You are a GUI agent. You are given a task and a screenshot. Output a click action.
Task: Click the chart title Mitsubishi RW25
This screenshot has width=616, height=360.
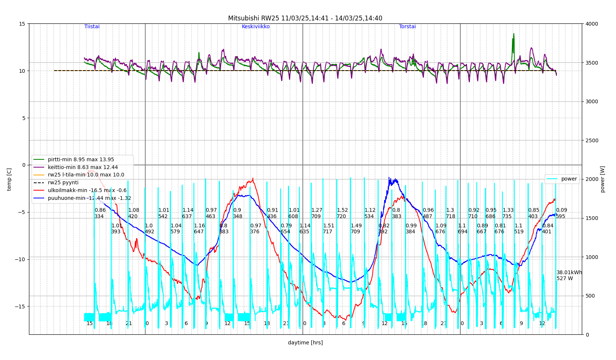305,18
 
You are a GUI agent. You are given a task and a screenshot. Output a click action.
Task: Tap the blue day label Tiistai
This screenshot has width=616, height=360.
92,27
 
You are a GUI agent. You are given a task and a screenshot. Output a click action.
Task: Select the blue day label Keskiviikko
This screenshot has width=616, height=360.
256,27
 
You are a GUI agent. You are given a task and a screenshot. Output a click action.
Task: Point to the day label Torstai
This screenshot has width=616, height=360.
407,27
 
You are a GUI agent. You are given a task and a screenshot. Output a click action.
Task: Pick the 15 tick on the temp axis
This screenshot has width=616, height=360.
22,24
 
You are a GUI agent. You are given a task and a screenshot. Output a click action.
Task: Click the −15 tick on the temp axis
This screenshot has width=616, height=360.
20,307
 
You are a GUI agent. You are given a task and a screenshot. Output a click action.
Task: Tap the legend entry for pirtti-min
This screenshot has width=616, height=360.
81,160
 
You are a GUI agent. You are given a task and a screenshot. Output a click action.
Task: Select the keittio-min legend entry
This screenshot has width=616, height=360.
83,168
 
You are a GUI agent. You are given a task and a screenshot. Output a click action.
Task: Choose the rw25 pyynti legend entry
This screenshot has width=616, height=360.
63,183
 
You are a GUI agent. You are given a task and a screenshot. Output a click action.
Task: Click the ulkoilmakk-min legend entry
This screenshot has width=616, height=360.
87,191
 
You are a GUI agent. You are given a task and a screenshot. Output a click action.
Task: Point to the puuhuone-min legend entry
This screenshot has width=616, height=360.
89,198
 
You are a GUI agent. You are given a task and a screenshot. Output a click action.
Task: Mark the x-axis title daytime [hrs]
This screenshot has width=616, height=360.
305,343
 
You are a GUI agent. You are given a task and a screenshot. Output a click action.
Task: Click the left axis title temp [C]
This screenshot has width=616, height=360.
9,179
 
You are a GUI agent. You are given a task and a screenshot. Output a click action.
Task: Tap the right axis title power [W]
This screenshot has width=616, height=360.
602,179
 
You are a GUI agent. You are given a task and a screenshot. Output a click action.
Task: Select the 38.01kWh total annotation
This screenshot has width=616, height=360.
569,273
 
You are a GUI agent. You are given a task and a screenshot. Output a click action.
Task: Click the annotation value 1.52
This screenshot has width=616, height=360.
342,210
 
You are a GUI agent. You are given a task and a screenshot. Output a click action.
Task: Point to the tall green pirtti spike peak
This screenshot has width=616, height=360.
514,34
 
